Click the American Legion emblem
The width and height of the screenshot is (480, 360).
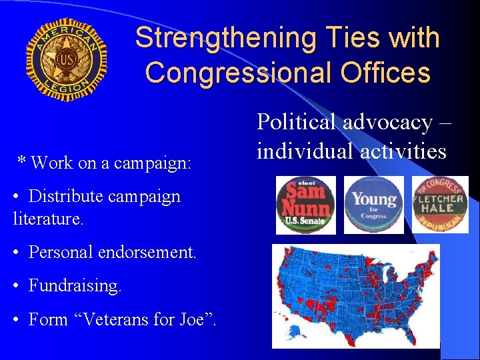click(66, 60)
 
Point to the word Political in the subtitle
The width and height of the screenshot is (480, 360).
click(297, 123)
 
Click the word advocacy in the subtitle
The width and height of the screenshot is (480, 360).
click(387, 123)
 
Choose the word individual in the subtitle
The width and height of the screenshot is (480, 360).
click(305, 151)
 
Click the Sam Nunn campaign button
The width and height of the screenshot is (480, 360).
click(306, 205)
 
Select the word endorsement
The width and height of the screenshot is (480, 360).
click(149, 253)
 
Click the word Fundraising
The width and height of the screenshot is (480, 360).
click(75, 286)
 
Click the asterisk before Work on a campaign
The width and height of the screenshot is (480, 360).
click(22, 162)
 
